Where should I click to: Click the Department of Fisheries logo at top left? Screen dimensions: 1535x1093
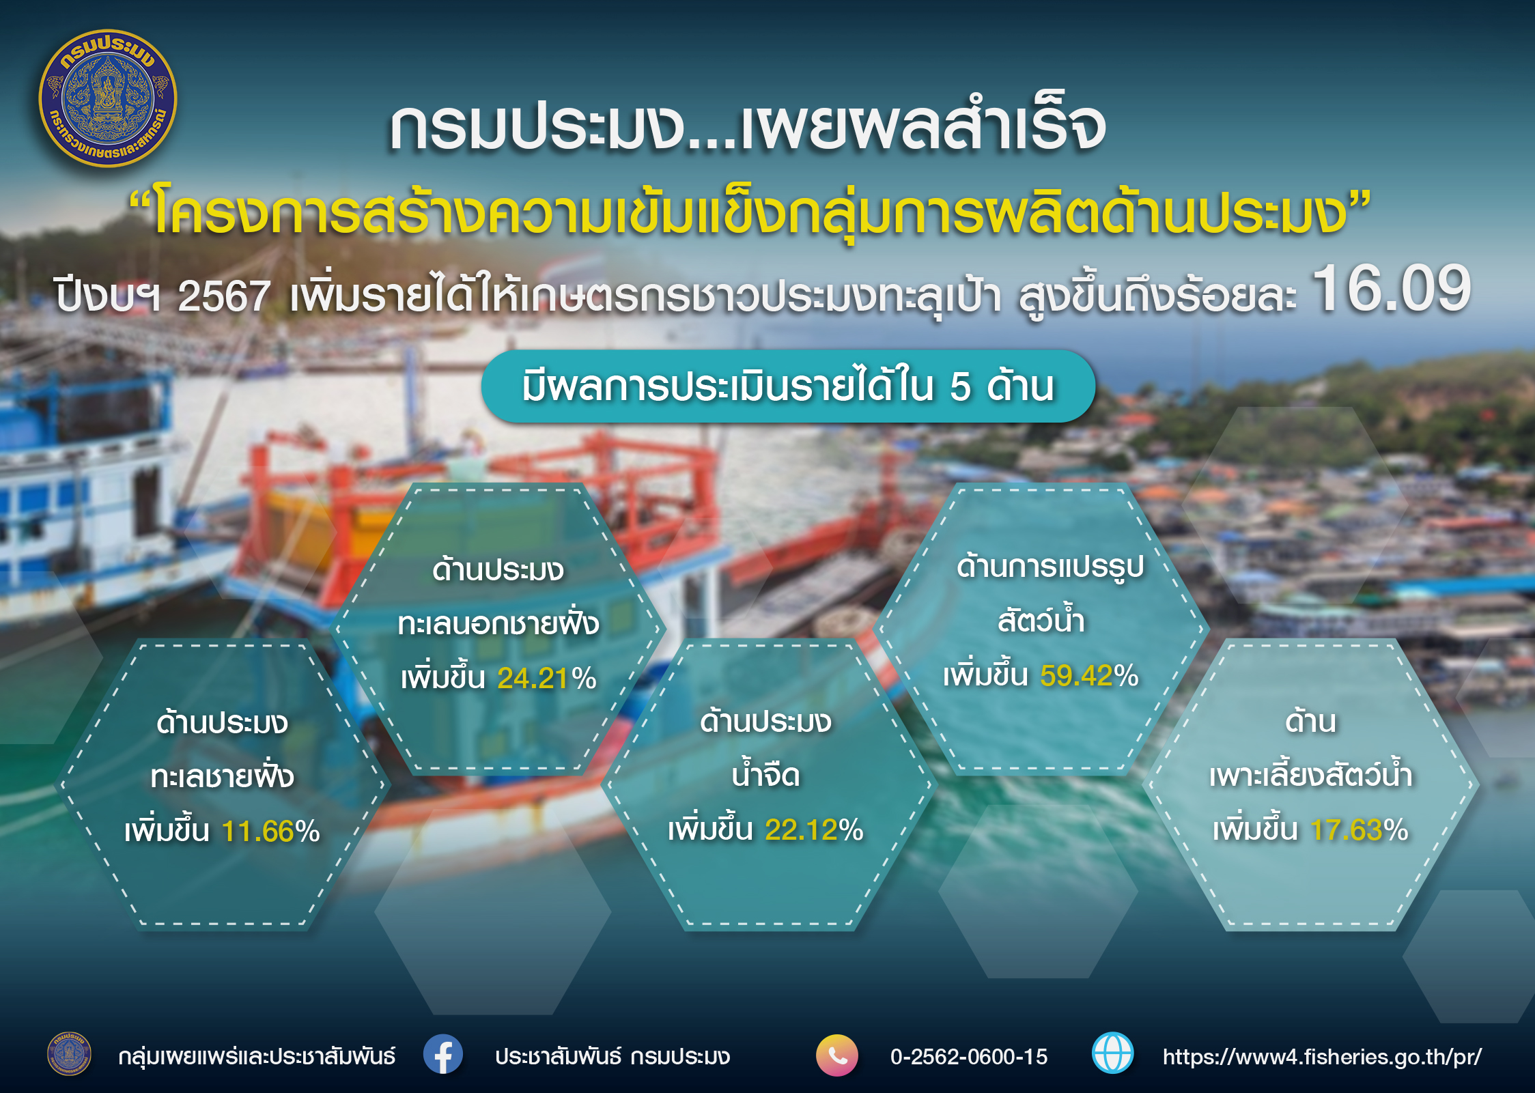tap(108, 98)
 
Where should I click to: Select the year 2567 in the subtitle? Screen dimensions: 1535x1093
tap(224, 297)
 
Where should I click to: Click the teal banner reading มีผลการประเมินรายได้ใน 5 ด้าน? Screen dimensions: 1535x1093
tap(788, 386)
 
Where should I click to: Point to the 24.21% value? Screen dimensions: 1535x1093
tap(547, 678)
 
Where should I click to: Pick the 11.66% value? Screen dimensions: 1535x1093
tap(271, 832)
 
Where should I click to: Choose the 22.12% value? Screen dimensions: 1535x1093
tap(814, 830)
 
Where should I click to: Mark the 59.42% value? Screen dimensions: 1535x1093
tap(1089, 676)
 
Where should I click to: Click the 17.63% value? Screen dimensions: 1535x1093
tap(1360, 830)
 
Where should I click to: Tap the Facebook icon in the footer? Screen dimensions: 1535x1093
tap(442, 1055)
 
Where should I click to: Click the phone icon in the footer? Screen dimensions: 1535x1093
tap(837, 1055)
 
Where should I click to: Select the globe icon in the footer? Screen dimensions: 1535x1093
tap(1113, 1053)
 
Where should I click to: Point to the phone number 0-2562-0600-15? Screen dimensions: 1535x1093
tap(969, 1057)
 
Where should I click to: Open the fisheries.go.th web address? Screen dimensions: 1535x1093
tap(1323, 1057)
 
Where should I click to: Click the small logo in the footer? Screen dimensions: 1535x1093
tap(69, 1054)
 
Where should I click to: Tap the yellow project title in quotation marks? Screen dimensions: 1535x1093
tap(750, 213)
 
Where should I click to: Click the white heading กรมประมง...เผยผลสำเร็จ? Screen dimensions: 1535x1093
tap(748, 128)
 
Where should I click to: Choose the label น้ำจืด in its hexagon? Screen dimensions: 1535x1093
tap(765, 775)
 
